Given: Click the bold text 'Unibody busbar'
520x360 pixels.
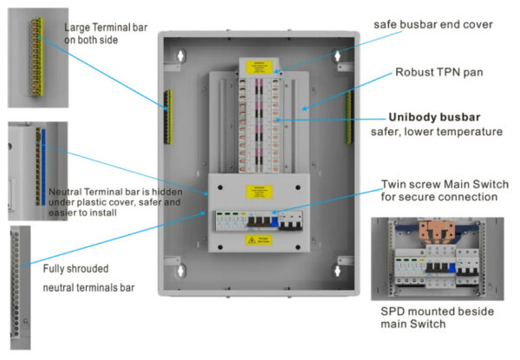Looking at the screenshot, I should tap(434, 116).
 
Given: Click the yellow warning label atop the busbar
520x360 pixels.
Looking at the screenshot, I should tap(260, 65).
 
